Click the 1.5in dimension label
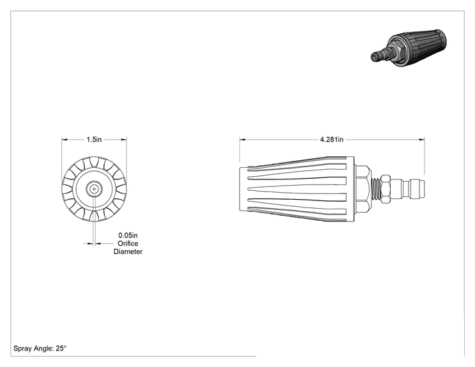tap(94, 140)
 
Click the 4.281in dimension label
tap(332, 140)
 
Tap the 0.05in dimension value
tap(128, 236)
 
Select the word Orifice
tap(128, 243)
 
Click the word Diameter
tap(128, 251)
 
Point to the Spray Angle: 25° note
tap(40, 348)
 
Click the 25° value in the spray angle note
tap(61, 348)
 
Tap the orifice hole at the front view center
tap(94, 190)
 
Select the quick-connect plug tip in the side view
tap(414, 189)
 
